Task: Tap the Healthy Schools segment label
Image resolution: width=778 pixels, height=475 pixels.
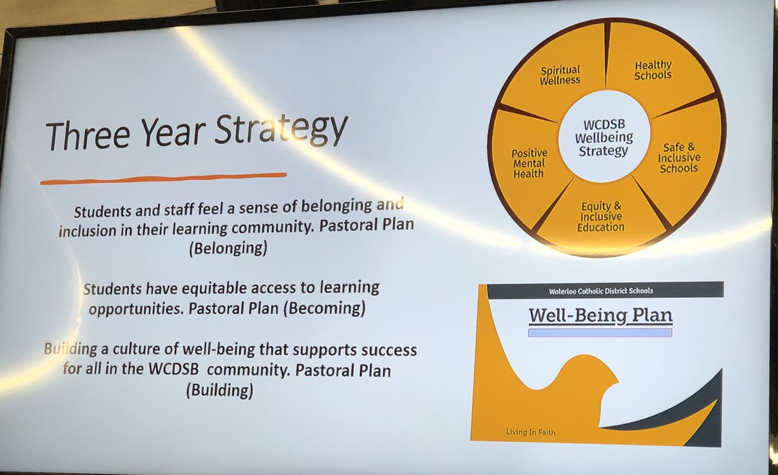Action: [653, 70]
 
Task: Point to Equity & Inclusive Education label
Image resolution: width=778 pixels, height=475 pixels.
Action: [601, 217]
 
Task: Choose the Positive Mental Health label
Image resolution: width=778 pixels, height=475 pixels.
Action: [530, 164]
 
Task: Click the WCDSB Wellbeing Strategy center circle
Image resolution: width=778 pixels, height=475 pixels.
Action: [603, 136]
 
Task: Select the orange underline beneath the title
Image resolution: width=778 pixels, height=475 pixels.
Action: [163, 178]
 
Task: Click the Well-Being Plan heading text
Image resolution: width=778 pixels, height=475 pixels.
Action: [600, 316]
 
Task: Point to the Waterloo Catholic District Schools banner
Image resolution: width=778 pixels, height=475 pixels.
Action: [604, 290]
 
